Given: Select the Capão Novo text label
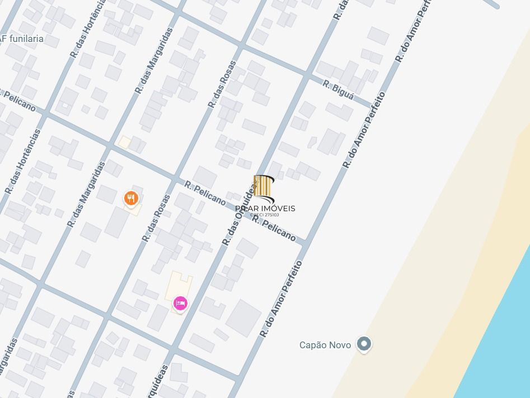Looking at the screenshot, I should pyautogui.click(x=325, y=345).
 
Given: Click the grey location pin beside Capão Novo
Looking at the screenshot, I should pyautogui.click(x=364, y=343).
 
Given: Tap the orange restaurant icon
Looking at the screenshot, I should pyautogui.click(x=131, y=198).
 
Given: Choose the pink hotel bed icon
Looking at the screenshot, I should pyautogui.click(x=180, y=303).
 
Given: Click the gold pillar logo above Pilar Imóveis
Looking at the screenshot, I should pyautogui.click(x=264, y=188).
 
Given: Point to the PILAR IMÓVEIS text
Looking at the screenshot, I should pyautogui.click(x=265, y=209).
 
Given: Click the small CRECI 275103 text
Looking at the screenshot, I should pyautogui.click(x=265, y=215).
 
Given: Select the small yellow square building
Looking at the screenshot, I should pyautogui.click(x=124, y=143).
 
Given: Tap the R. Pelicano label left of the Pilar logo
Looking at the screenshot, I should pyautogui.click(x=205, y=192).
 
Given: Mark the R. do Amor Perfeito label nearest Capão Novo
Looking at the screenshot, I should pyautogui.click(x=281, y=298).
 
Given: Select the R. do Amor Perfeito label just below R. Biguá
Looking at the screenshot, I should pyautogui.click(x=364, y=130).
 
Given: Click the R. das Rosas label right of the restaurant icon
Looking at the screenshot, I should pyautogui.click(x=156, y=218).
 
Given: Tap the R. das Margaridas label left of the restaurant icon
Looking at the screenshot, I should pyautogui.click(x=86, y=194).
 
